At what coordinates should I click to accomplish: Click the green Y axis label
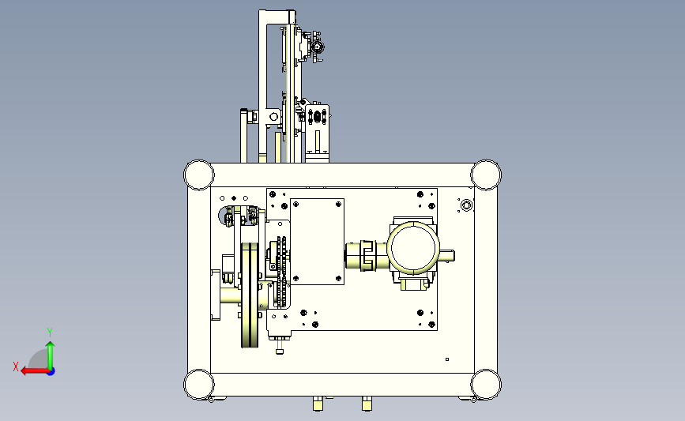(x=50, y=333)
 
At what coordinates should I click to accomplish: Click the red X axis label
(x=16, y=366)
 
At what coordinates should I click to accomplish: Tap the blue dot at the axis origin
(x=51, y=371)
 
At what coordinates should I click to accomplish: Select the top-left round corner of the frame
(x=199, y=175)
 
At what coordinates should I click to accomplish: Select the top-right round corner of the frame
(x=486, y=175)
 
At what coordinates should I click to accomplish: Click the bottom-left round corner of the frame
(x=199, y=385)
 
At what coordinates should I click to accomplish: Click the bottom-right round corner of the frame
(x=486, y=385)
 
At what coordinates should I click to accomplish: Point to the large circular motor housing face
(x=413, y=248)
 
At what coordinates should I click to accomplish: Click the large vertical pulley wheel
(x=250, y=295)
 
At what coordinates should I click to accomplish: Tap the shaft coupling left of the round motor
(x=367, y=255)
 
